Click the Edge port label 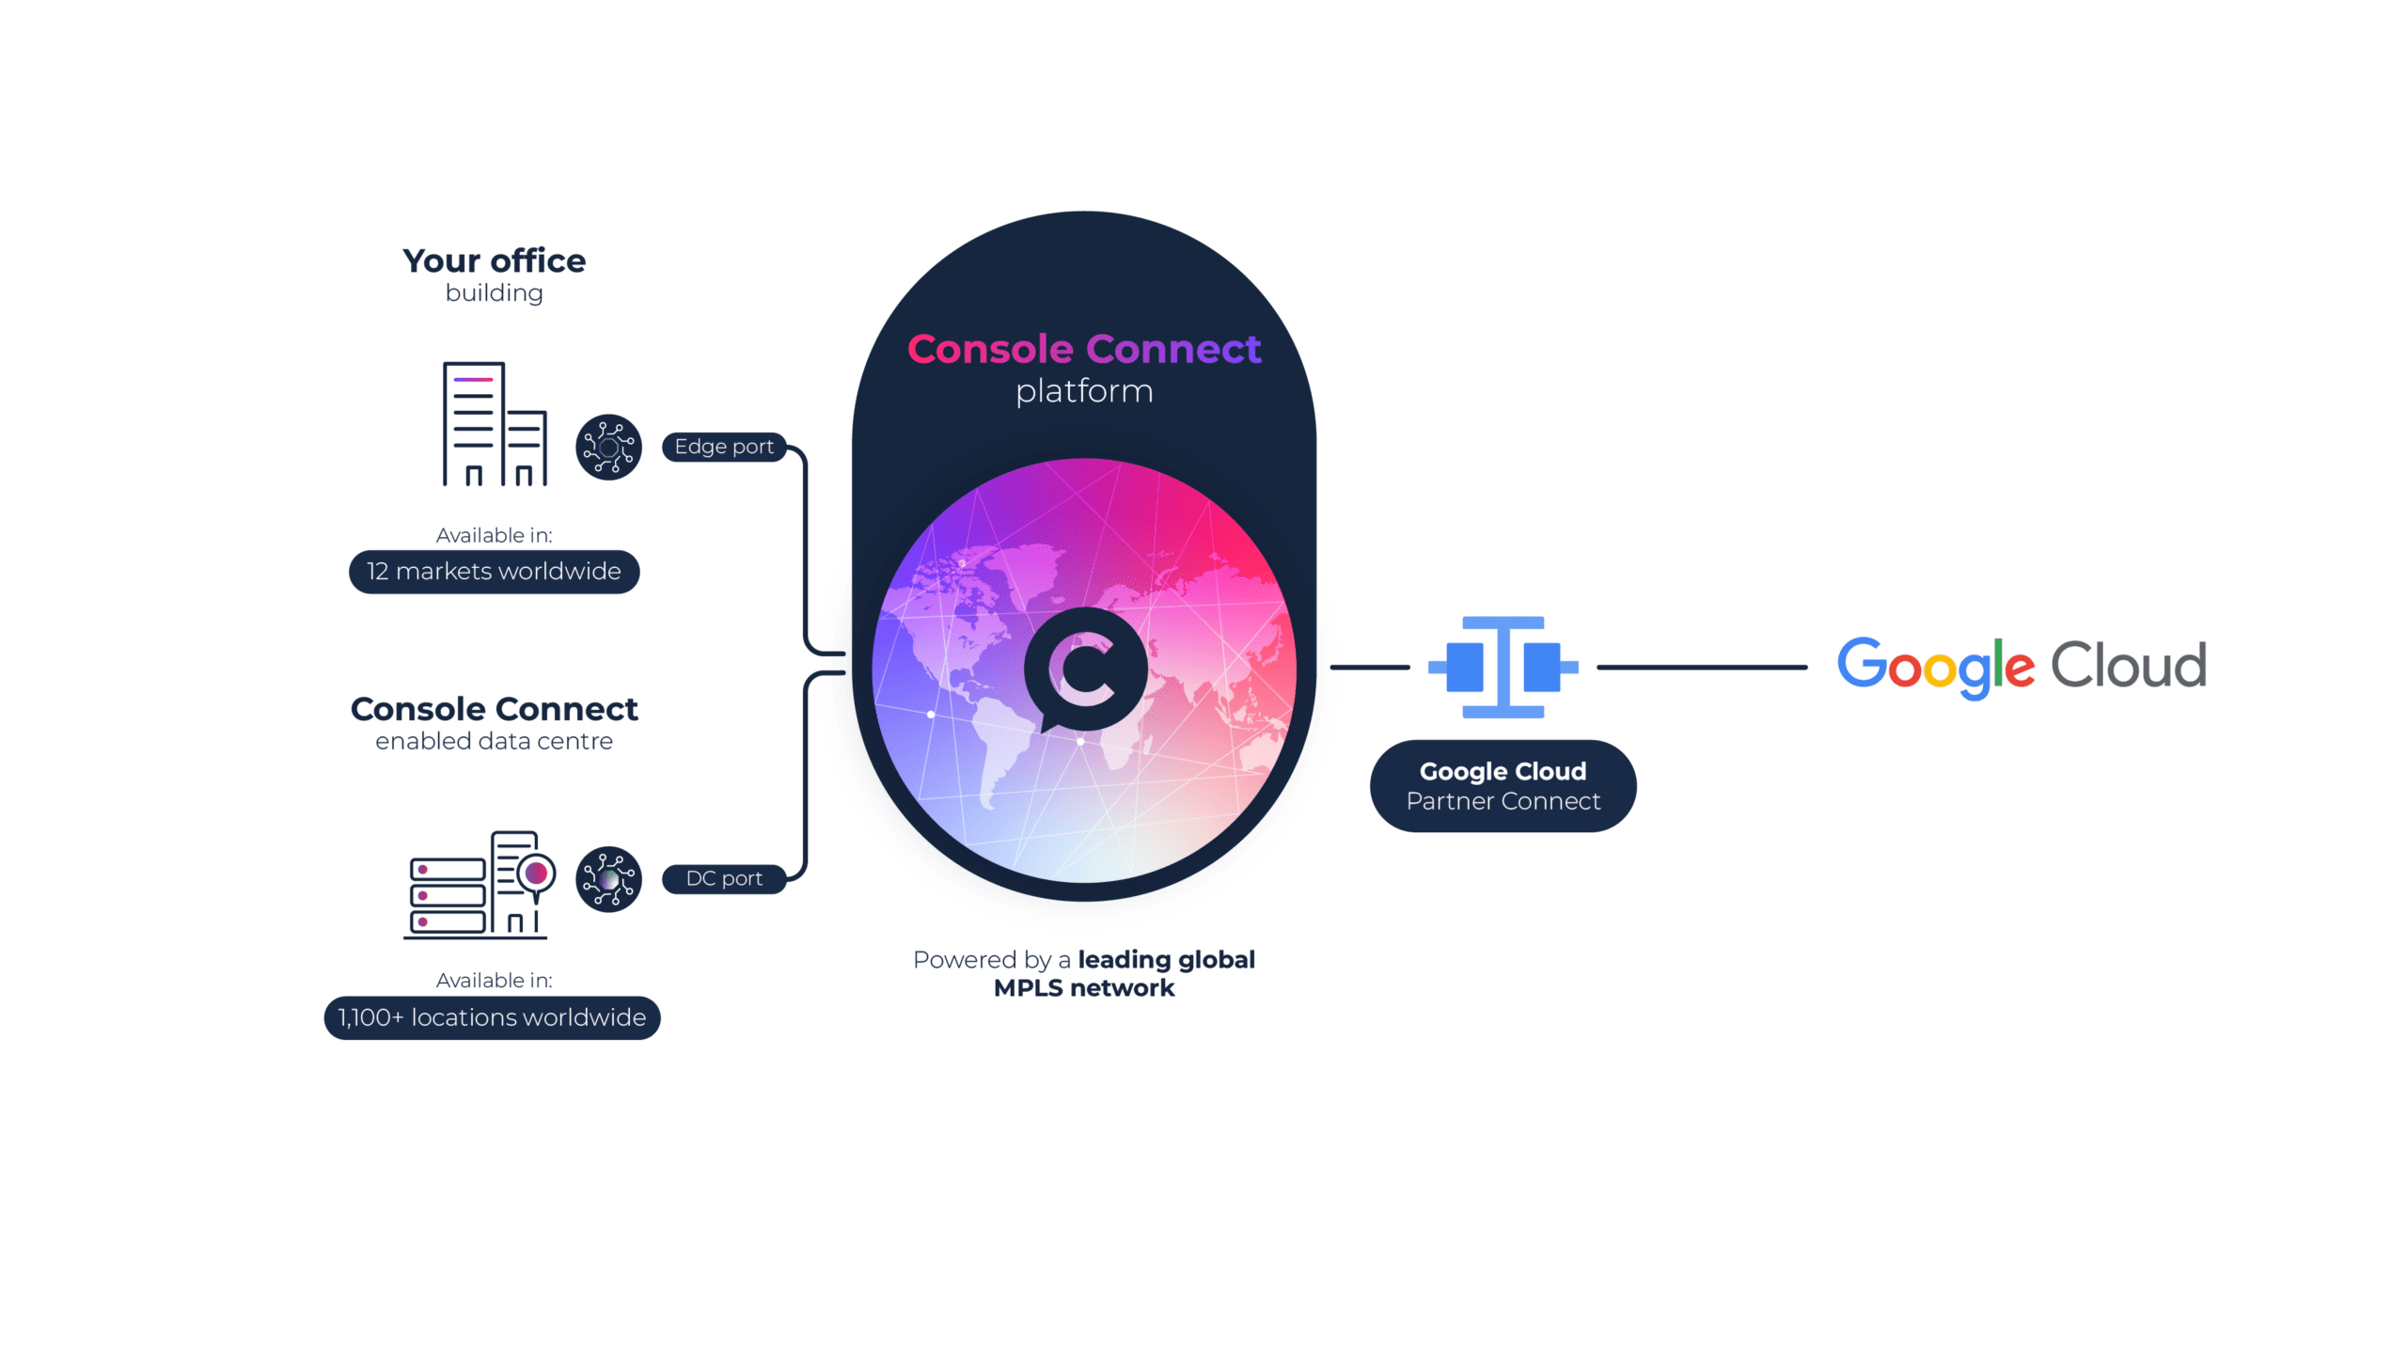click(x=724, y=447)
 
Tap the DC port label click(x=724, y=878)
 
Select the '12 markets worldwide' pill click(x=494, y=572)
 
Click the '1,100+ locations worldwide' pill click(x=492, y=1017)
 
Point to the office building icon click(x=495, y=424)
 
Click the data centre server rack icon click(x=480, y=884)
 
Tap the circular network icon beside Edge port click(x=608, y=448)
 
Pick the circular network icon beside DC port click(x=608, y=879)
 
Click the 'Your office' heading click(x=494, y=260)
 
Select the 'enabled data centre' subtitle click(x=494, y=741)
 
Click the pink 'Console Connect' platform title click(x=1083, y=349)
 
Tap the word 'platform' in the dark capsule click(x=1084, y=391)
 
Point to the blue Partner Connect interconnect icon click(x=1502, y=667)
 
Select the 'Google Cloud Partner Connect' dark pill click(x=1502, y=786)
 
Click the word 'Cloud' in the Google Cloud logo click(x=2128, y=666)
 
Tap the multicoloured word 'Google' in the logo click(x=1936, y=668)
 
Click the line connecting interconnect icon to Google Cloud click(x=1702, y=668)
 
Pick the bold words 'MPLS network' click(x=1084, y=988)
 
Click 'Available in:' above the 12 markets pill click(x=494, y=535)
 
